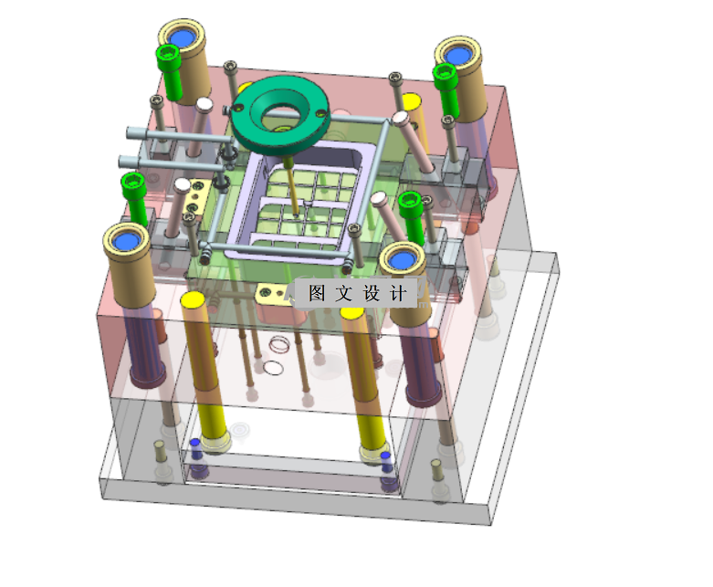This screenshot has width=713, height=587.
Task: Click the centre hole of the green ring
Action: pyautogui.click(x=279, y=114)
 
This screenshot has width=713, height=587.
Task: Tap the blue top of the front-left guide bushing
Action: pyautogui.click(x=125, y=241)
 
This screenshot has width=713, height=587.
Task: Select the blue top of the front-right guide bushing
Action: pyautogui.click(x=402, y=260)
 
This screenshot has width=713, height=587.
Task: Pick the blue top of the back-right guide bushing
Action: pyautogui.click(x=457, y=56)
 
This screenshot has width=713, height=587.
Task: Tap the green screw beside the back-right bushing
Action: pyautogui.click(x=446, y=89)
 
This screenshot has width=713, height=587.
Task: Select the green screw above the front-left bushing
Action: pyautogui.click(x=134, y=198)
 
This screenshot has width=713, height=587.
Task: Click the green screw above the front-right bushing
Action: pyautogui.click(x=412, y=217)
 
